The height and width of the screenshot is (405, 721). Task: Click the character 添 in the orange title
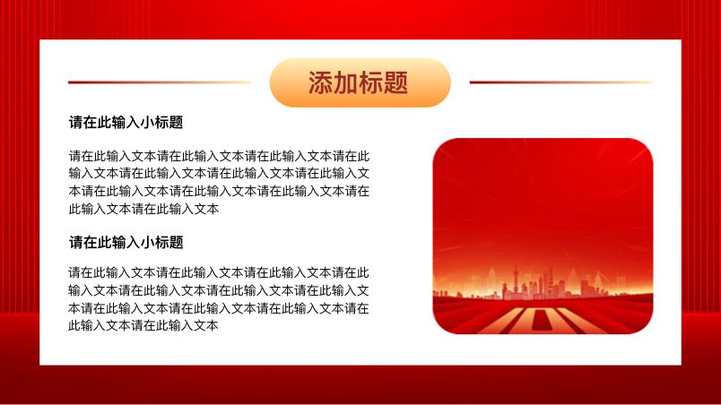pyautogui.click(x=320, y=83)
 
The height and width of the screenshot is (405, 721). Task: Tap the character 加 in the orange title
pyautogui.click(x=345, y=83)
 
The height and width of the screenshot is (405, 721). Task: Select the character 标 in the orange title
pyautogui.click(x=370, y=83)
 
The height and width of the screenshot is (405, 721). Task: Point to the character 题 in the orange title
pyautogui.click(x=395, y=83)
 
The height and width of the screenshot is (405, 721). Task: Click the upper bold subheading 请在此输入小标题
pyautogui.click(x=126, y=122)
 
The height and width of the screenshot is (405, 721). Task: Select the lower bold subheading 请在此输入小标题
pyautogui.click(x=126, y=242)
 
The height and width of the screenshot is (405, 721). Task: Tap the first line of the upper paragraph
pyautogui.click(x=220, y=156)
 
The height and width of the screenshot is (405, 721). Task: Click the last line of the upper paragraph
pyautogui.click(x=143, y=209)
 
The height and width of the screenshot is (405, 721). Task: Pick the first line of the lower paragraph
pyautogui.click(x=219, y=272)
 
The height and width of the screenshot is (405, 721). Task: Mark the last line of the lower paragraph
pyautogui.click(x=143, y=325)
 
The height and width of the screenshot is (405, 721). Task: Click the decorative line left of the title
pyautogui.click(x=160, y=82)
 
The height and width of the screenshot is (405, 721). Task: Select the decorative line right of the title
pyautogui.click(x=561, y=82)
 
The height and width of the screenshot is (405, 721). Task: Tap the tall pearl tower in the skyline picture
pyautogui.click(x=516, y=281)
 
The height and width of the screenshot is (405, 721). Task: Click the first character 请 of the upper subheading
pyautogui.click(x=76, y=122)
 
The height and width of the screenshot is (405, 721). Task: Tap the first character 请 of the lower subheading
pyautogui.click(x=76, y=242)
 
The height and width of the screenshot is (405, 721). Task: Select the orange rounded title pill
pyautogui.click(x=360, y=82)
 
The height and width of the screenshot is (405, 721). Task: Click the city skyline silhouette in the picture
pyautogui.click(x=543, y=285)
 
